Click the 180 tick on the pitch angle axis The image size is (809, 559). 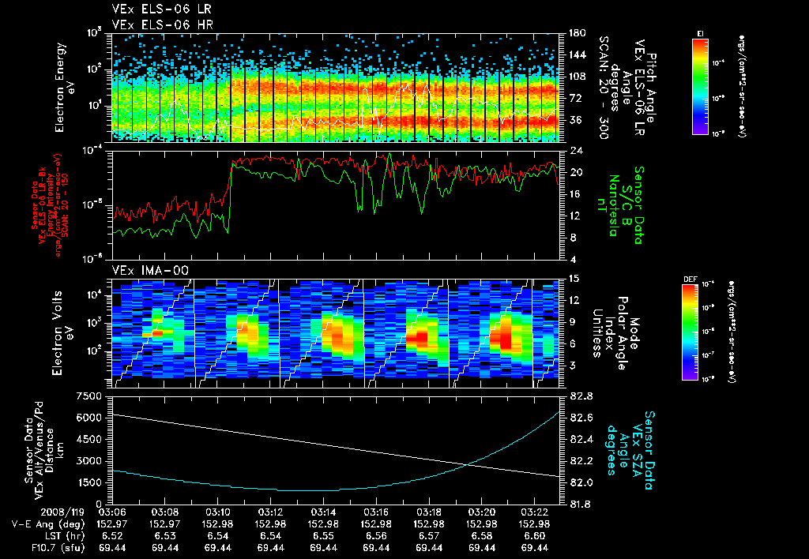click(x=576, y=33)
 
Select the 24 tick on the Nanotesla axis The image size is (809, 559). click(x=574, y=150)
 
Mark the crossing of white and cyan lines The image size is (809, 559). click(x=468, y=464)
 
